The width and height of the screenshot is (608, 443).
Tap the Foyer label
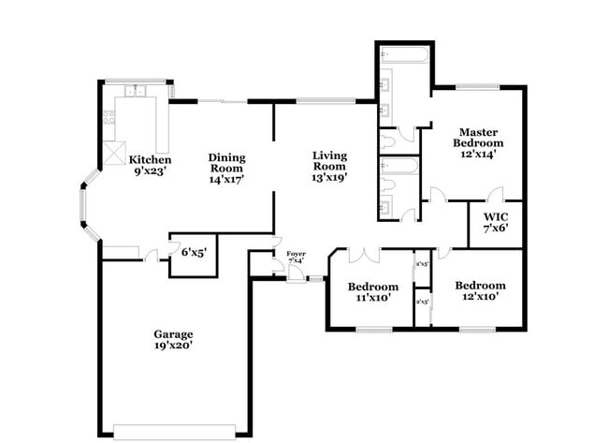296,254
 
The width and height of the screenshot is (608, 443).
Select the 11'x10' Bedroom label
372,291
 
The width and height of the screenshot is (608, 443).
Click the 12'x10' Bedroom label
480,290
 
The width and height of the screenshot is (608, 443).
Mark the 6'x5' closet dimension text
193,252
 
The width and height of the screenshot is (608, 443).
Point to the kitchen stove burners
109,119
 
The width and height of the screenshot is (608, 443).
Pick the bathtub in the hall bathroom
403,168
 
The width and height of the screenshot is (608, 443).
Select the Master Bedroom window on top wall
477,88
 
